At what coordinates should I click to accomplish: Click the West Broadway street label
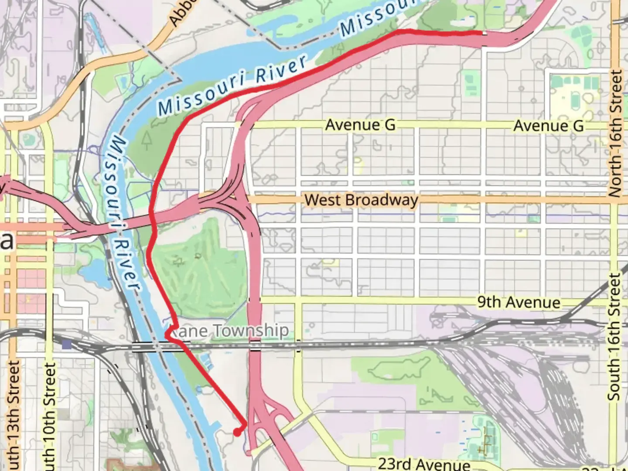361,200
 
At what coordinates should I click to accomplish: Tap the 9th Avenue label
519,302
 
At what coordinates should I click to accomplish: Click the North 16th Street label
615,133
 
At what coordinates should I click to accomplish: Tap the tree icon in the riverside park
147,140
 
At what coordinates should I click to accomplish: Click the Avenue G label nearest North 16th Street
548,126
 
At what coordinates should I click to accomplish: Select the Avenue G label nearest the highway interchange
360,125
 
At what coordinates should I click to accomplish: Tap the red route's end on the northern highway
481,33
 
